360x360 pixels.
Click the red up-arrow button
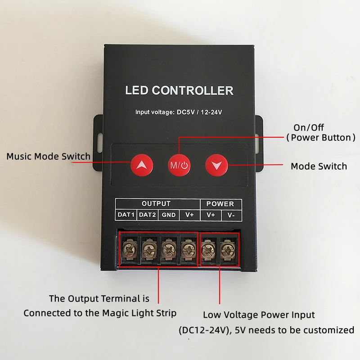pyautogui.click(x=142, y=165)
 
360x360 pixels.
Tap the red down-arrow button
pyautogui.click(x=217, y=165)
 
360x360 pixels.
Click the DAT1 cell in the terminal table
pyautogui.click(x=126, y=215)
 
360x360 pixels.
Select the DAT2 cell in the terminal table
pyautogui.click(x=147, y=215)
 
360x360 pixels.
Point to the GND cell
pyautogui.click(x=169, y=215)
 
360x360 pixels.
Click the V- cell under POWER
pyautogui.click(x=231, y=215)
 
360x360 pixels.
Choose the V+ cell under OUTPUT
pyautogui.click(x=189, y=215)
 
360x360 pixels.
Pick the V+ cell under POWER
pyautogui.click(x=211, y=215)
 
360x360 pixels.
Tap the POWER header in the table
pyautogui.click(x=220, y=204)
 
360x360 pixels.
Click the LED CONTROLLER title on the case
pyautogui.click(x=179, y=90)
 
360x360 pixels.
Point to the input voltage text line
pyautogui.click(x=179, y=112)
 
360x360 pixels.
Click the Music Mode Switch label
pyautogui.click(x=48, y=157)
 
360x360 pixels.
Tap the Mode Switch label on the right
pyautogui.click(x=319, y=166)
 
